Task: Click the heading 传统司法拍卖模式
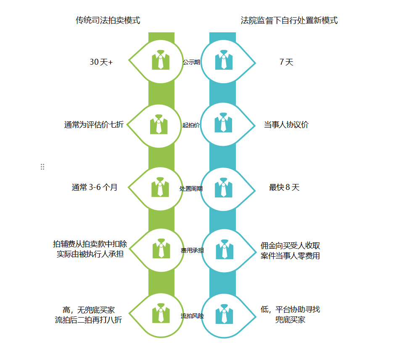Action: (x=108, y=20)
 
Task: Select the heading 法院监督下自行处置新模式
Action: (x=289, y=20)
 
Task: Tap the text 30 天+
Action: (x=101, y=62)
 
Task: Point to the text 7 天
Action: (x=286, y=62)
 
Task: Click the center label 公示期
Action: (x=191, y=62)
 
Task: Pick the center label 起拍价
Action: (x=191, y=125)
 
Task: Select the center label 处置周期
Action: (x=191, y=189)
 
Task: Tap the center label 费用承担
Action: (x=192, y=250)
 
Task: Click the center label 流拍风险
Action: (x=192, y=316)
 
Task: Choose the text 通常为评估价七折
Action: (x=94, y=125)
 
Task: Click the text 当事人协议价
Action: (x=286, y=125)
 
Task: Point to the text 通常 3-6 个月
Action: (x=95, y=187)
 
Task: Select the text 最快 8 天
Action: (x=284, y=187)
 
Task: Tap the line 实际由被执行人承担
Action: (x=90, y=254)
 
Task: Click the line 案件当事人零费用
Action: (x=290, y=255)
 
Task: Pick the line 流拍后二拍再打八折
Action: (x=89, y=320)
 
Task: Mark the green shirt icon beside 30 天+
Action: (x=161, y=60)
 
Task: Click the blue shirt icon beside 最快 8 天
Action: (x=223, y=187)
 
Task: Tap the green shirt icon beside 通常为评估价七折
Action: (x=159, y=124)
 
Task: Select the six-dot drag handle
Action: (x=42, y=167)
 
